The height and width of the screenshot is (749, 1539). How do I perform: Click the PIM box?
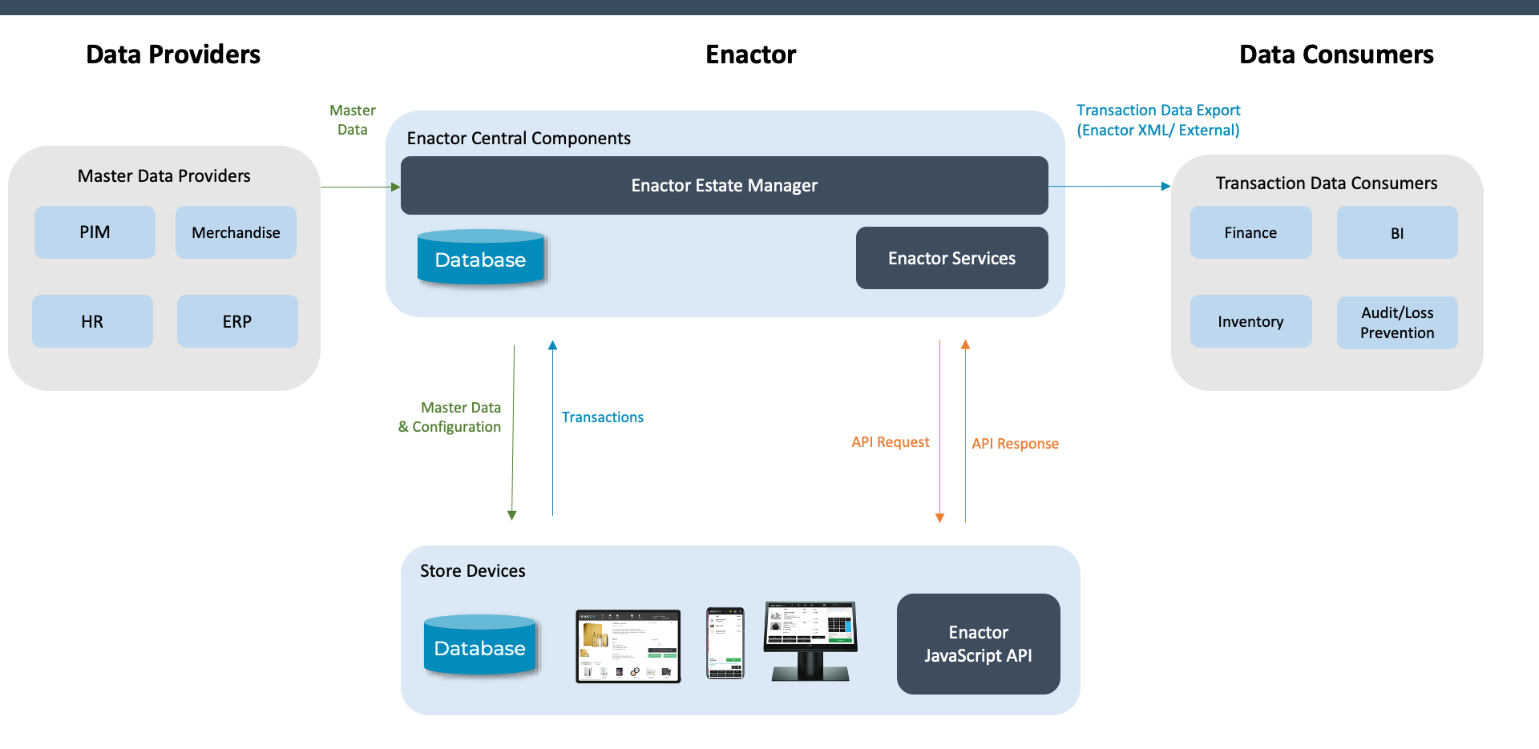(95, 232)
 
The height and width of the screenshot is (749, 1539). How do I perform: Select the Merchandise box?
(236, 232)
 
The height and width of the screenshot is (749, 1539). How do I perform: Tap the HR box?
(92, 321)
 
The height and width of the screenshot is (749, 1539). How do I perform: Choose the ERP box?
(237, 321)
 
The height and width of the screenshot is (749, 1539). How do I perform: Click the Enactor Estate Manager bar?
(724, 186)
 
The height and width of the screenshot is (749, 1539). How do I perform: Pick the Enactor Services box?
(951, 258)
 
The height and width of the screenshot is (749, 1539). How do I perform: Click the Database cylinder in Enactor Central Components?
(480, 258)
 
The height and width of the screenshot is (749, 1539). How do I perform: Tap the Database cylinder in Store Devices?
(479, 646)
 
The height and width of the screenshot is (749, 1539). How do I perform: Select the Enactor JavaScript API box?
(978, 644)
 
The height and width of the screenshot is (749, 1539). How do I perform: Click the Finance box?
(1250, 232)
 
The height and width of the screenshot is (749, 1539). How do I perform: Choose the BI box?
(1396, 232)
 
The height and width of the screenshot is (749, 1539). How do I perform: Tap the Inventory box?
(1250, 321)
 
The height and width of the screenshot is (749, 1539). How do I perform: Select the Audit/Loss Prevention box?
(1396, 322)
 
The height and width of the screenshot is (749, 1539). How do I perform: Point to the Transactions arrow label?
(602, 417)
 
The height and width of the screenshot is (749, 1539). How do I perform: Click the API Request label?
(890, 442)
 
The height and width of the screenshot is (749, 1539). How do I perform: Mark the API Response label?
(1015, 444)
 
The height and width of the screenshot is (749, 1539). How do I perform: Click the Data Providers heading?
(173, 54)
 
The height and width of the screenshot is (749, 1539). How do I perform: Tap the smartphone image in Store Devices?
(725, 643)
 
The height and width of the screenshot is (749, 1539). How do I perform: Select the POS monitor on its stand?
(810, 640)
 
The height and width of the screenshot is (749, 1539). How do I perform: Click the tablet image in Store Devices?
(628, 646)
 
